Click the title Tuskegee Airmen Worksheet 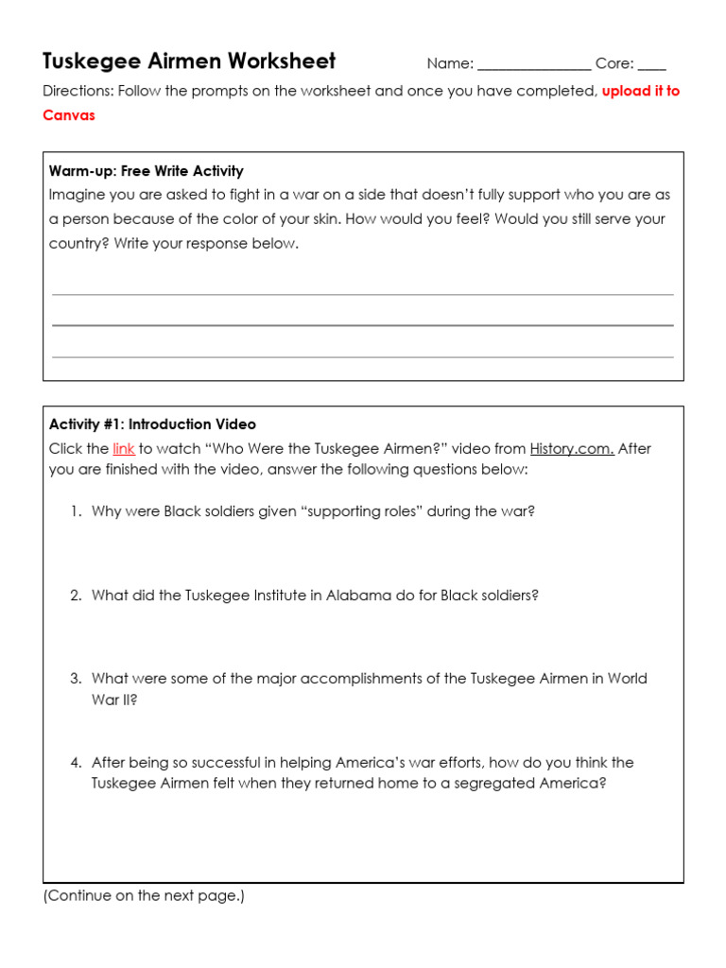coord(189,61)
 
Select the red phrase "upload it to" coord(640,92)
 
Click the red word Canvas coord(69,115)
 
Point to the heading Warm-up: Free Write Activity coord(146,171)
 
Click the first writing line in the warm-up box coord(363,294)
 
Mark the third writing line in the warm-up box coord(363,356)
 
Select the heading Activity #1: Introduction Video coord(152,424)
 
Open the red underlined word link coord(124,449)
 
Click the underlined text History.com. coord(572,449)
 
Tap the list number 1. coord(76,511)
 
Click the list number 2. coord(76,596)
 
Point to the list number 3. coord(76,679)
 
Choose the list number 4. coord(76,762)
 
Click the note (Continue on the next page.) coord(144,895)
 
